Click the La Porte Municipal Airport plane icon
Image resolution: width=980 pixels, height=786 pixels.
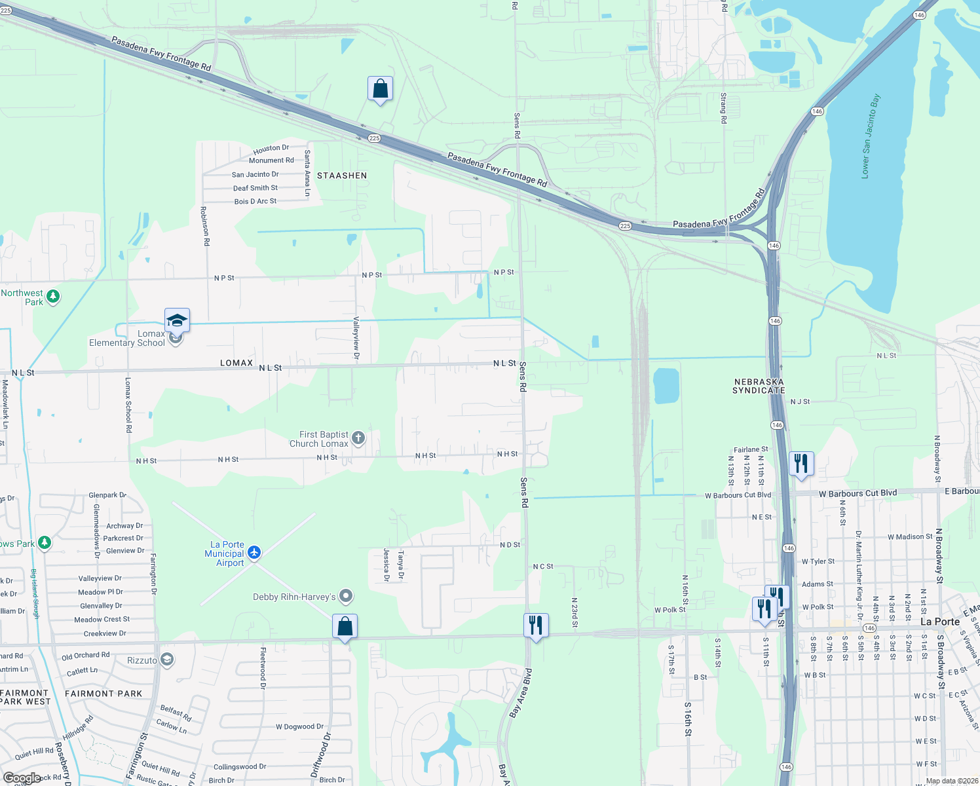[254, 553]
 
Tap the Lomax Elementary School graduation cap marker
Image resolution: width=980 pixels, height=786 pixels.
[177, 320]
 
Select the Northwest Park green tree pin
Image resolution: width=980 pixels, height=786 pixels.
[53, 297]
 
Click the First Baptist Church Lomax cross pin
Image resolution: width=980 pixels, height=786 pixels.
[358, 438]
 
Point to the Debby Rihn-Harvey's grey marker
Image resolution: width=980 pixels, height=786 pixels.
[347, 596]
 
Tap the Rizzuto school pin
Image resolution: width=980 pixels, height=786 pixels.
[167, 660]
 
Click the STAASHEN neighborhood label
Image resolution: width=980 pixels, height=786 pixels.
[342, 176]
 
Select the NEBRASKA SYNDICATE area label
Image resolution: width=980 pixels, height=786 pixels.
[759, 386]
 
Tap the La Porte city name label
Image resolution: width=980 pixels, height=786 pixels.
[939, 621]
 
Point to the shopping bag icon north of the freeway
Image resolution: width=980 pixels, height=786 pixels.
[380, 88]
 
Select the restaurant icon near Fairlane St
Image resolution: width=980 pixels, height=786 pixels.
[801, 463]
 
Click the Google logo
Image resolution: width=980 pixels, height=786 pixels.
[22, 778]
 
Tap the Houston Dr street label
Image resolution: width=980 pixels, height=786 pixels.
[271, 148]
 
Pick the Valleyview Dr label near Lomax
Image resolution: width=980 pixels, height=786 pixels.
[356, 338]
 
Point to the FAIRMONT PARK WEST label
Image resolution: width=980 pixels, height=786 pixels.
[25, 697]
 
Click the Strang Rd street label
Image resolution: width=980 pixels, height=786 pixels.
[723, 108]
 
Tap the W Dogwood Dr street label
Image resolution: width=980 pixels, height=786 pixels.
[299, 726]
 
